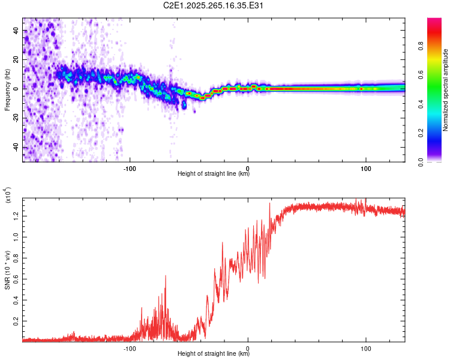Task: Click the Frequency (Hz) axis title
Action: tap(7, 90)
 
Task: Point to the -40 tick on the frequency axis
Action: tap(15, 148)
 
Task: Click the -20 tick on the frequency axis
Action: tap(15, 118)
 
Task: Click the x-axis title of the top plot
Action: tap(214, 174)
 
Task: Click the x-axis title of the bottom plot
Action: tap(214, 353)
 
